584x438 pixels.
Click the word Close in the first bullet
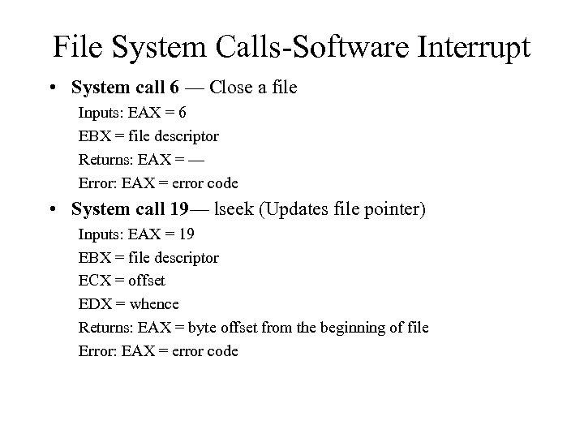point(241,87)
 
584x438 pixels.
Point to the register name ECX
point(93,281)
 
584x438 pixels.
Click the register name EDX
point(93,304)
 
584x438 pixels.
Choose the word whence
point(154,304)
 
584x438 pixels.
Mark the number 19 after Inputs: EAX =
point(186,234)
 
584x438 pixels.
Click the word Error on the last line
point(96,351)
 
